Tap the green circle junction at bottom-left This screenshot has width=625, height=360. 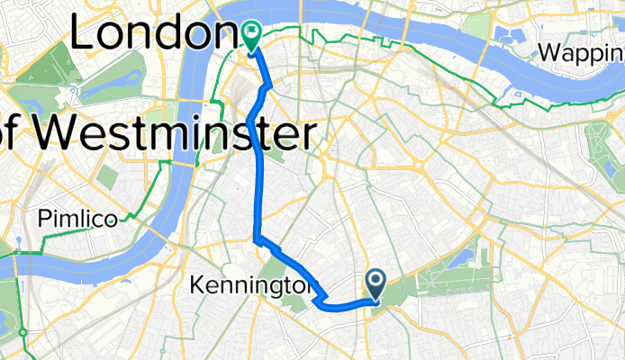tap(23, 333)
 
